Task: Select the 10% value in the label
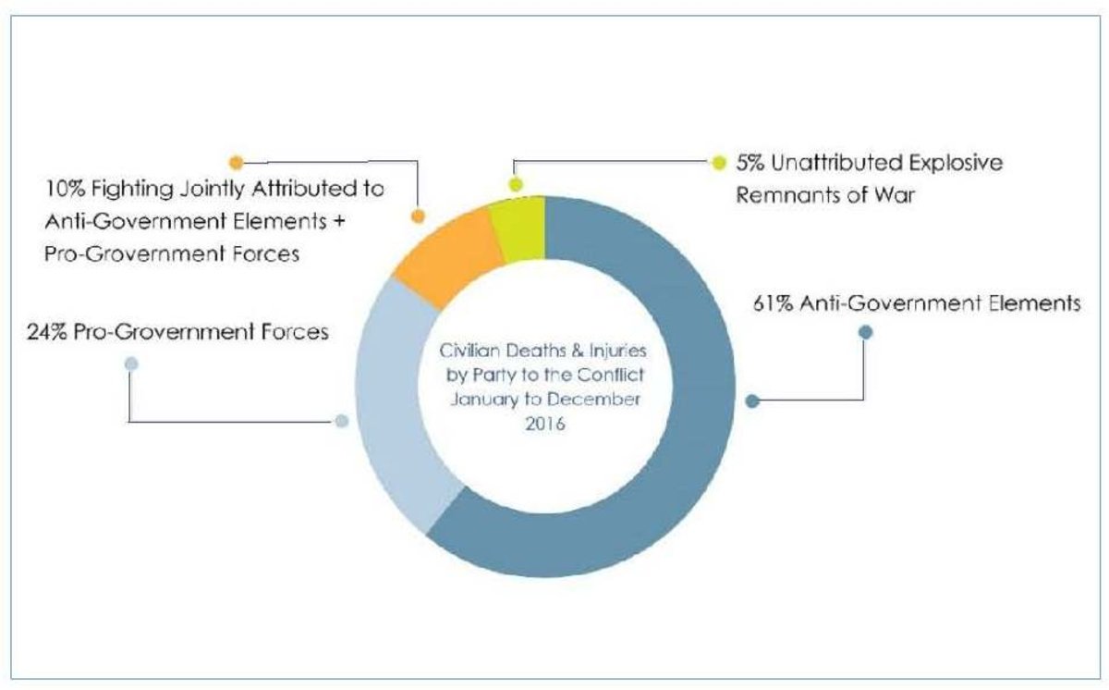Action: (60, 189)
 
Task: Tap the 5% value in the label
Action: (749, 163)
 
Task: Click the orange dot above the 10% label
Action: (236, 163)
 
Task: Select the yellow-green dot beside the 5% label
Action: (719, 163)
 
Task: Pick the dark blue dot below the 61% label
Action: (865, 331)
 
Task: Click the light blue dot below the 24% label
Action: (130, 363)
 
